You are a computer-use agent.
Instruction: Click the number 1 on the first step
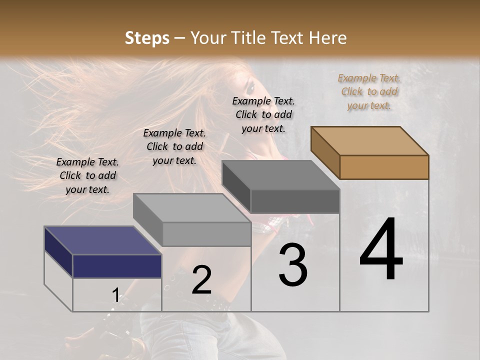pyautogui.click(x=116, y=295)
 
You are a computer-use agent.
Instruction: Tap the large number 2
pyautogui.click(x=201, y=280)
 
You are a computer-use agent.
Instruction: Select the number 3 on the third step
pyautogui.click(x=293, y=264)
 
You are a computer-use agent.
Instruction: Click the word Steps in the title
pyautogui.click(x=147, y=38)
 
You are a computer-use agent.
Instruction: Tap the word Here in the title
pyautogui.click(x=327, y=38)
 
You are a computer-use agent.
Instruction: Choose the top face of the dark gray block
pyautogui.click(x=280, y=175)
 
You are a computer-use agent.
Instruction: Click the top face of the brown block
pyautogui.click(x=370, y=141)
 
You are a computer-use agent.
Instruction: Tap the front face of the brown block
pyautogui.click(x=384, y=167)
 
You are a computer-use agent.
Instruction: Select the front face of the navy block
pyautogui.click(x=117, y=266)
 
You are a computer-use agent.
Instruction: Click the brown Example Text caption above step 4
pyautogui.click(x=369, y=91)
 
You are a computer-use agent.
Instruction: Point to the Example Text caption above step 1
pyautogui.click(x=88, y=175)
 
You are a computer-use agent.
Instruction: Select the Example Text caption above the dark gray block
pyautogui.click(x=263, y=114)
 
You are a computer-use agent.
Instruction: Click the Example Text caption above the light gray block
pyautogui.click(x=174, y=146)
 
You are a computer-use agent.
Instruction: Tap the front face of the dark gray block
pyautogui.click(x=295, y=201)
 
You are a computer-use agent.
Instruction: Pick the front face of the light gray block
pyautogui.click(x=206, y=234)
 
